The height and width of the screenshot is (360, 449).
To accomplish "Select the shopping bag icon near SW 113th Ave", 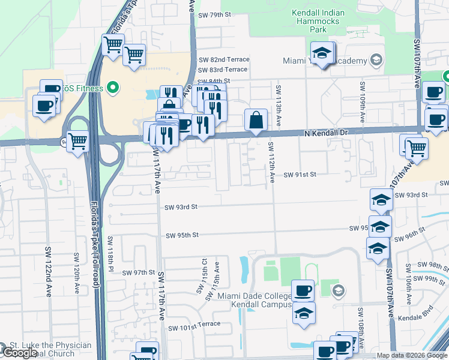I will coord(256,119).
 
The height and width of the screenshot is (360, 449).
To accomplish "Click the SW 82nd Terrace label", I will coord(223,60).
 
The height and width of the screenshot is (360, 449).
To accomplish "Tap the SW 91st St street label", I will coord(300,174).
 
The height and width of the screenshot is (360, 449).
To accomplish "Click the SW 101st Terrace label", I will coord(194,328).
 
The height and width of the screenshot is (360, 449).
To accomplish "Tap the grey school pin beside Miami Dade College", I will coord(338,292).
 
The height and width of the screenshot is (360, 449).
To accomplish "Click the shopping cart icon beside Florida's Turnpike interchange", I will coord(78,142).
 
